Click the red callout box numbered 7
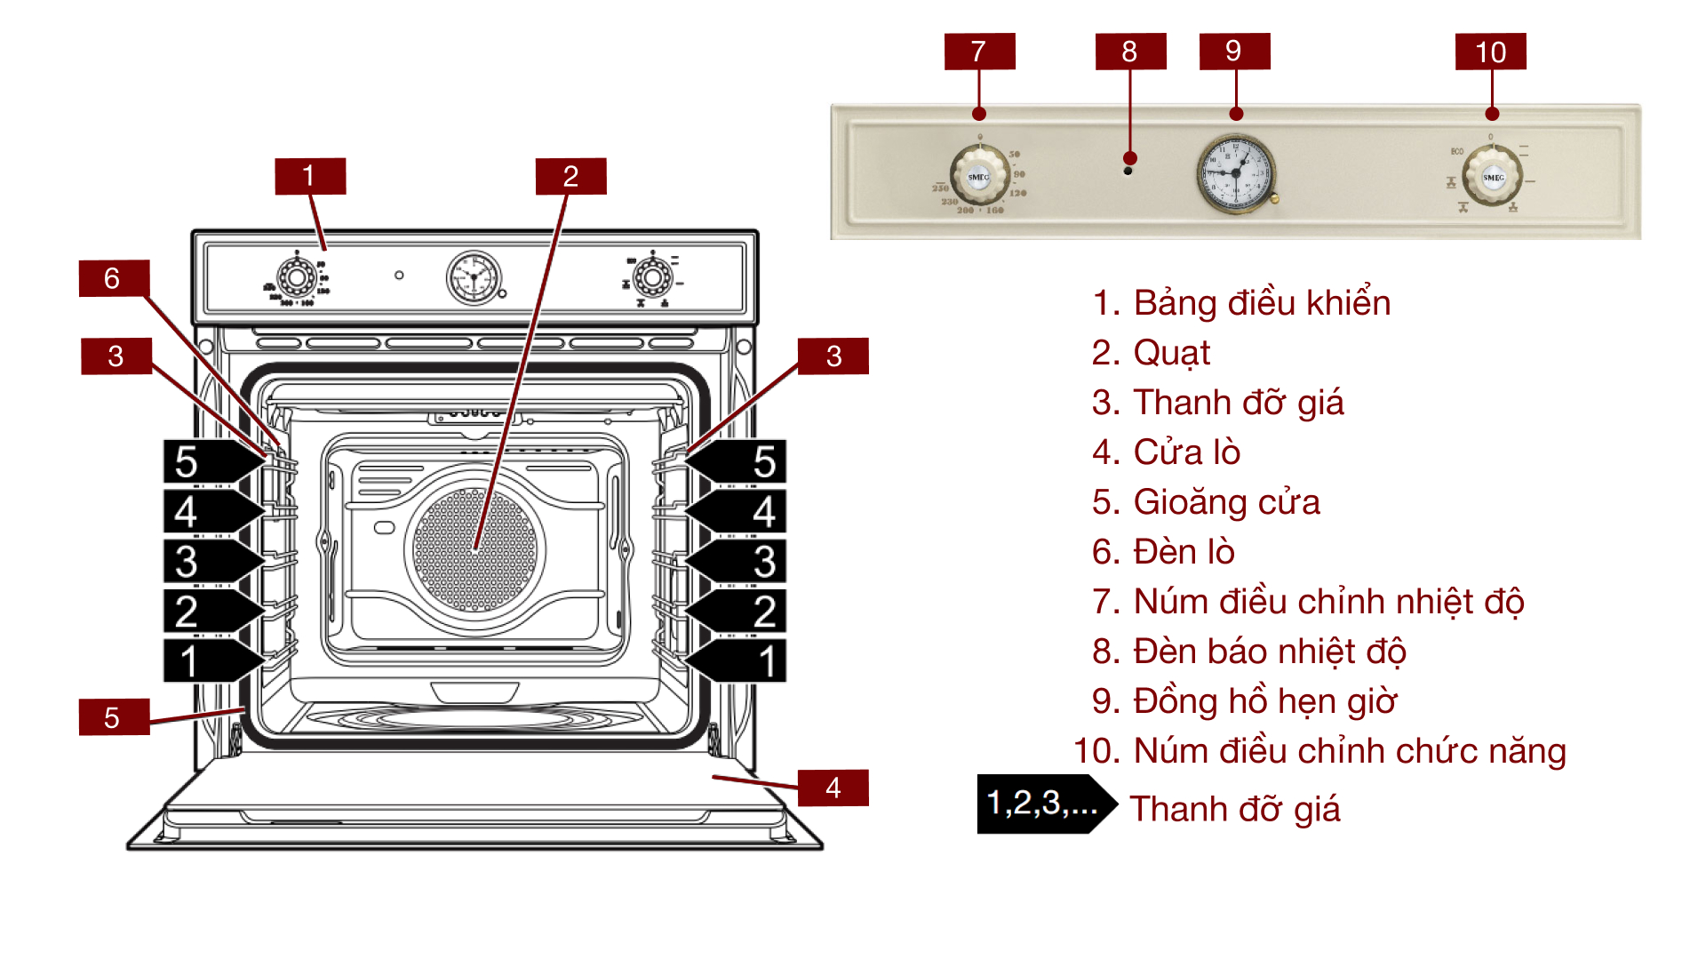point(979,52)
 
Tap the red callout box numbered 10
point(1490,52)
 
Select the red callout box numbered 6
point(114,278)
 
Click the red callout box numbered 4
point(833,788)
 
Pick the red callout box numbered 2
point(570,176)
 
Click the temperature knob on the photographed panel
point(978,176)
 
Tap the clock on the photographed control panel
point(1236,173)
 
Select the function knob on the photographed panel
point(1493,176)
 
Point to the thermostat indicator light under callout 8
point(1128,171)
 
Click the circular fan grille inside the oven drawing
point(475,549)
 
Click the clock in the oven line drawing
point(474,277)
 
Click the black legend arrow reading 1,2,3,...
point(1044,804)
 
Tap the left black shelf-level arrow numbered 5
point(210,461)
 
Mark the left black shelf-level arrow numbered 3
point(210,562)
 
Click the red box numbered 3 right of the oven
point(833,356)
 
